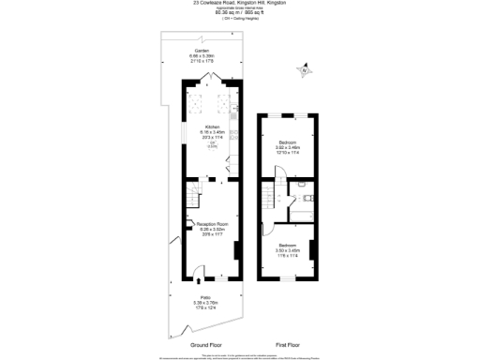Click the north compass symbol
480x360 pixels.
303,69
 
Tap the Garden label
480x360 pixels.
201,50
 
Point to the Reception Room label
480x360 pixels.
214,224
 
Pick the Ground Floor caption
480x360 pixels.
206,345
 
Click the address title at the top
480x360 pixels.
239,3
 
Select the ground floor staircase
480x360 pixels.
192,198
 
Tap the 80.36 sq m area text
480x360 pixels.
239,13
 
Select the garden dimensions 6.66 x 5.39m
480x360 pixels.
201,55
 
